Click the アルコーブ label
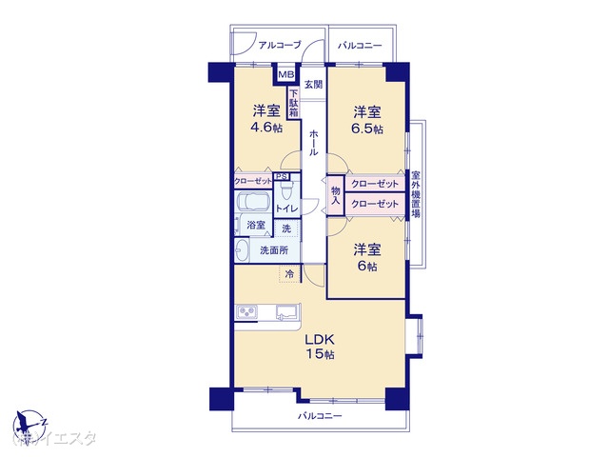pos(279,45)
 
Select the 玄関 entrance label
pos(312,83)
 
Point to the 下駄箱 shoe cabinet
pos(294,103)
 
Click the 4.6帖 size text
pos(265,128)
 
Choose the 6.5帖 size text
pos(366,129)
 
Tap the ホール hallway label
pos(312,143)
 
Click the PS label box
pos(282,176)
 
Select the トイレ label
pos(286,209)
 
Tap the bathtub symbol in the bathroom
pos(253,204)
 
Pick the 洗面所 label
pos(274,250)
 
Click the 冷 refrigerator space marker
pos(288,274)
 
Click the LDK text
pos(319,339)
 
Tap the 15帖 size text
pos(319,355)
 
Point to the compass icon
pos(29,421)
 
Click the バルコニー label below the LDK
pos(318,417)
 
